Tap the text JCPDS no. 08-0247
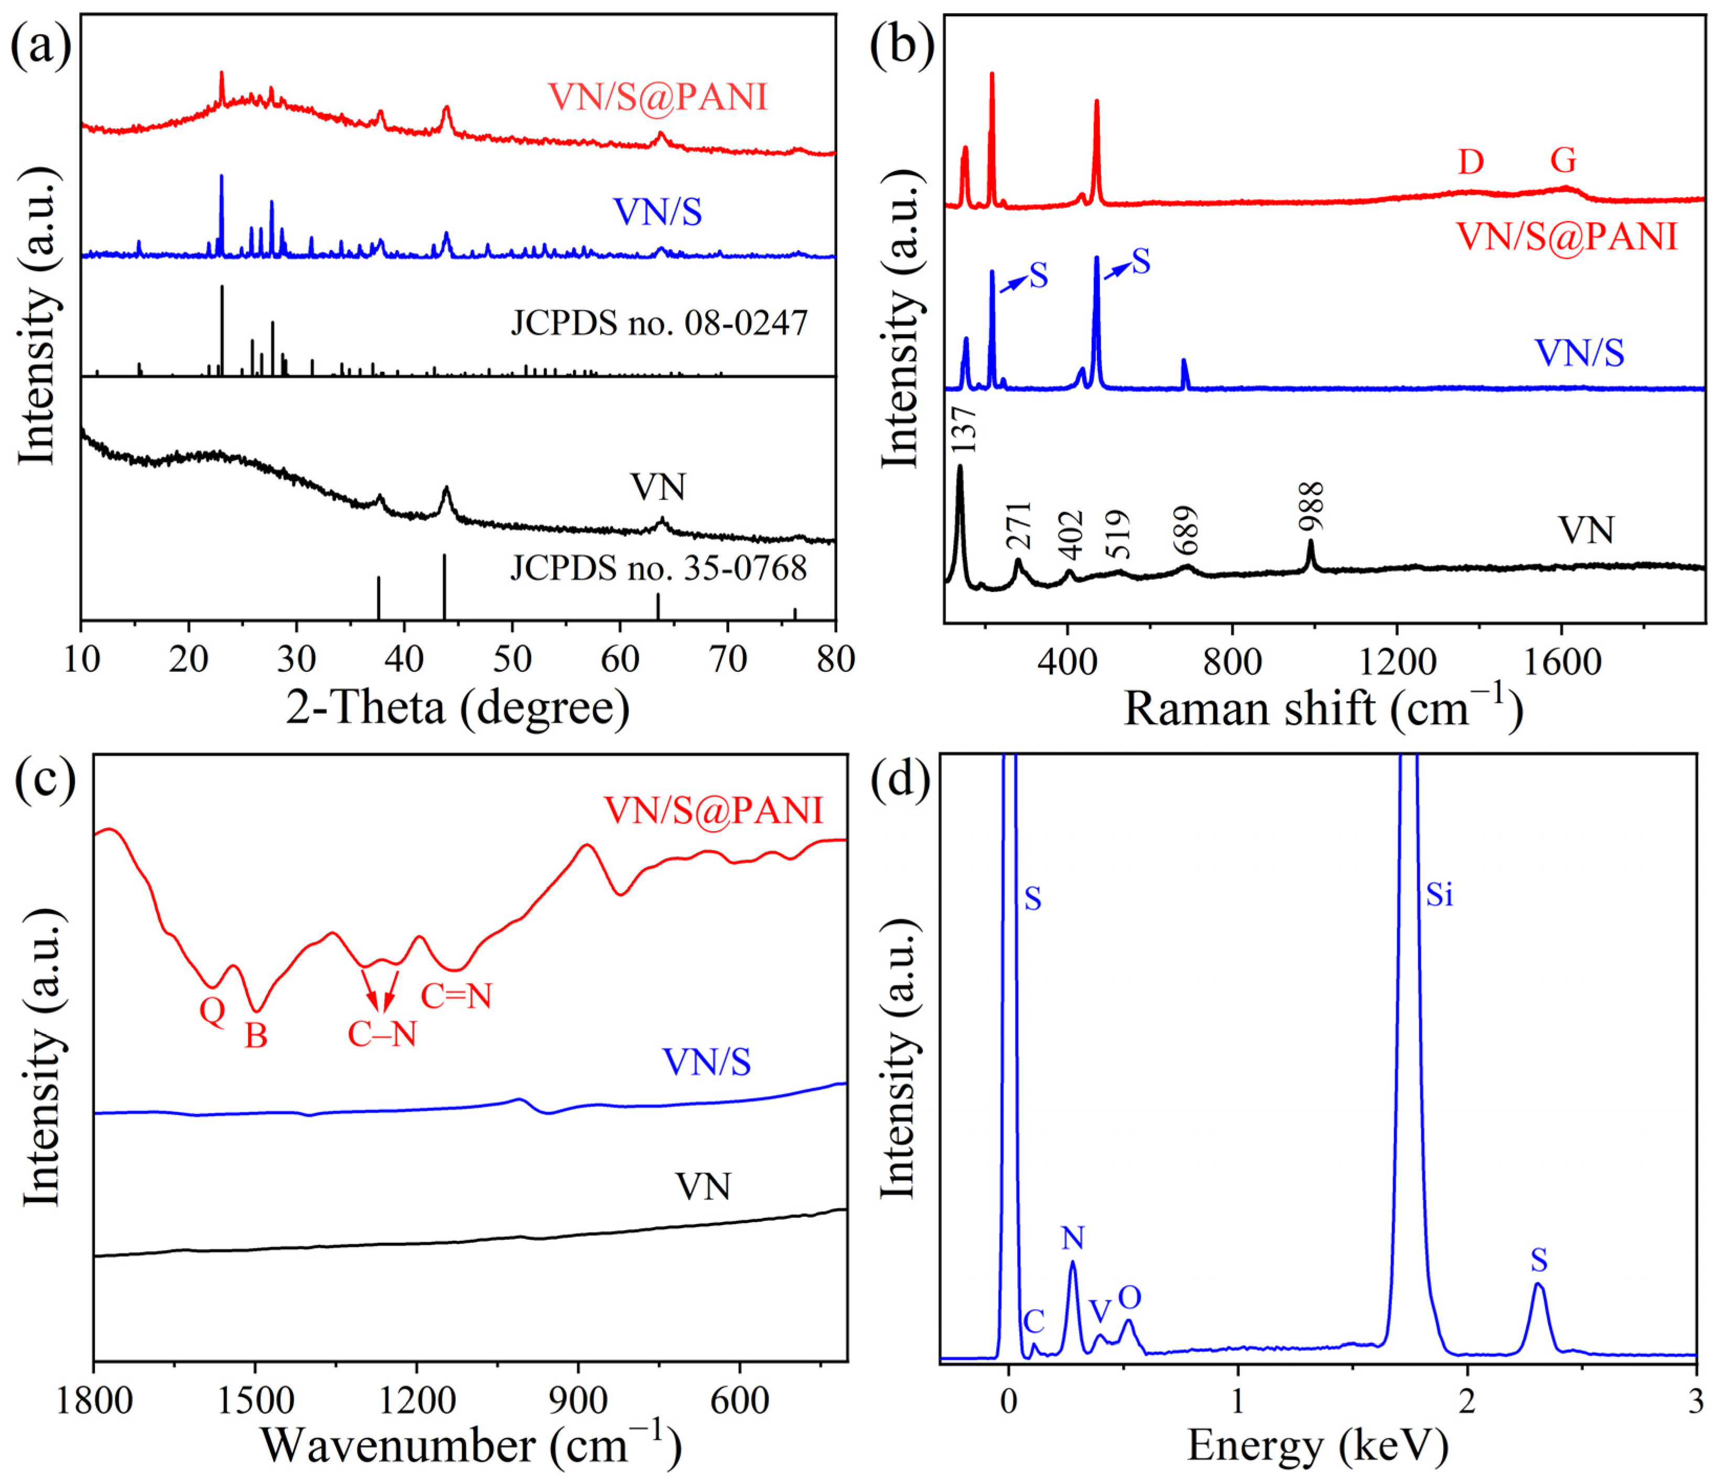click(x=659, y=322)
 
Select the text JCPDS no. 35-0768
click(x=659, y=568)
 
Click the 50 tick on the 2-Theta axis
click(x=512, y=659)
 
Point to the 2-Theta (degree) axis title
click(x=458, y=708)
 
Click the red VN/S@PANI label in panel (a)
click(x=659, y=98)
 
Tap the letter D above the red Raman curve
click(x=1470, y=163)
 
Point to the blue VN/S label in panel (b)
click(x=1579, y=353)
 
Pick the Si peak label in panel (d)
click(x=1439, y=895)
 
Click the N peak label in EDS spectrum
click(x=1073, y=1238)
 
